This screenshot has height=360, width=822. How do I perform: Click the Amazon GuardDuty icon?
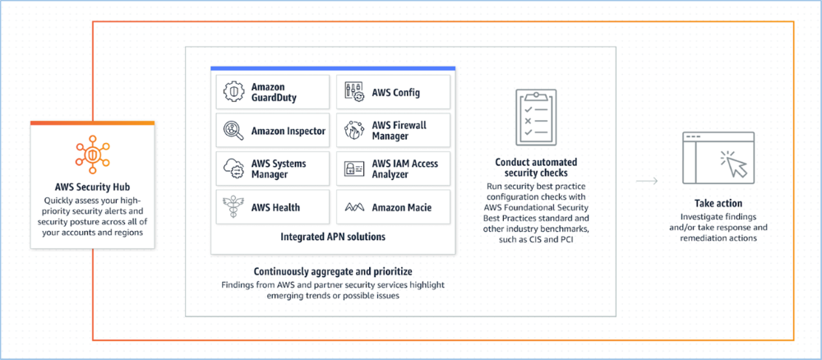tap(233, 93)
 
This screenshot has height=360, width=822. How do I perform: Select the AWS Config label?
tap(395, 93)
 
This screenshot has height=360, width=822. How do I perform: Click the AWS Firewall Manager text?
tap(399, 131)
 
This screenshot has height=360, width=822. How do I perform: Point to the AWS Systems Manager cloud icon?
tap(233, 169)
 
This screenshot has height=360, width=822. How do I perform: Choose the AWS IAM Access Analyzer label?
tap(404, 169)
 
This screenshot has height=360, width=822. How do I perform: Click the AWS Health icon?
tap(233, 207)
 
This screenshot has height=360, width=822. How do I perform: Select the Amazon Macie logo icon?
tap(354, 207)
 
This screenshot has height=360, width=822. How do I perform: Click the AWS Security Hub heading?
tap(92, 187)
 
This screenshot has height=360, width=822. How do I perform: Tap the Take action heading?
tap(718, 203)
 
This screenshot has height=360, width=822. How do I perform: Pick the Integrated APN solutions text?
tap(333, 237)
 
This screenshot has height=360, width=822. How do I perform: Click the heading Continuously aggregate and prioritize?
tap(333, 270)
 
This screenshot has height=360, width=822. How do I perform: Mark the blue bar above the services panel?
tap(333, 68)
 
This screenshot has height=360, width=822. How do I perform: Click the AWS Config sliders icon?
tap(354, 93)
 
